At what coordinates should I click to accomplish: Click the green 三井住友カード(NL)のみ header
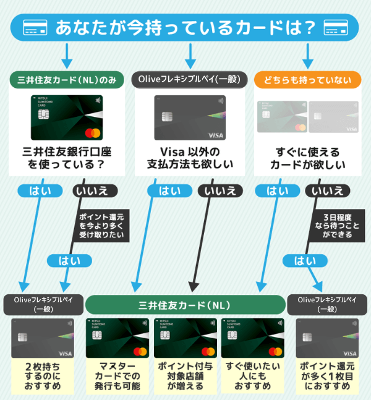[66, 80]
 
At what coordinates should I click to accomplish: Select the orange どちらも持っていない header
[307, 80]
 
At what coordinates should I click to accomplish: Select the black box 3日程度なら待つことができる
[339, 226]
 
